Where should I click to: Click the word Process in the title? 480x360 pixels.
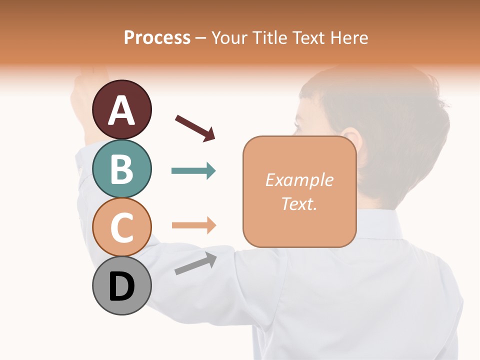157,37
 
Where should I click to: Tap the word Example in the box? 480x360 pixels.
299,180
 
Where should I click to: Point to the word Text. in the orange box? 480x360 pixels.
299,203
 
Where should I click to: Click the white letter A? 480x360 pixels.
122,111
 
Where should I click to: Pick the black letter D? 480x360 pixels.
122,287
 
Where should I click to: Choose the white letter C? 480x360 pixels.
122,228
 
